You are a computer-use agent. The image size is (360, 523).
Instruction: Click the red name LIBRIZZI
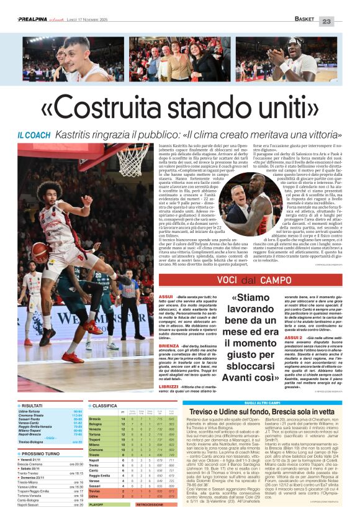tap(151, 387)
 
